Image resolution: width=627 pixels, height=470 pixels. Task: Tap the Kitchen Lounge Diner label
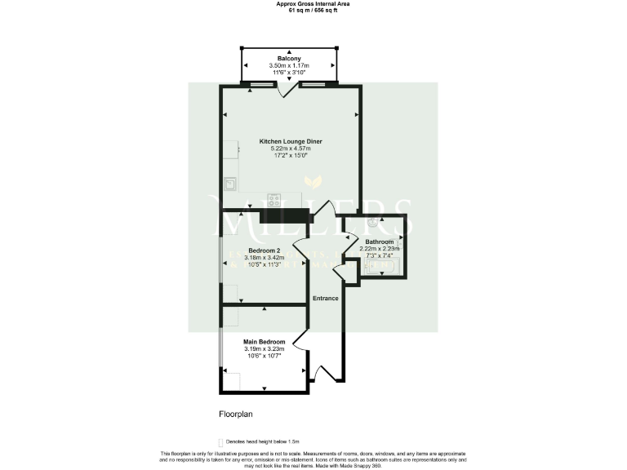tap(291, 141)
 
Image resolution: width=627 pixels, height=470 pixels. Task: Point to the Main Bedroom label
tap(265, 341)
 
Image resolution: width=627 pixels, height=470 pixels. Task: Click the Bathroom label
tap(380, 242)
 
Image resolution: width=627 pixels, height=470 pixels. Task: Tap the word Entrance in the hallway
tap(326, 299)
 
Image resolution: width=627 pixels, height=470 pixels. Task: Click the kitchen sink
tap(230, 184)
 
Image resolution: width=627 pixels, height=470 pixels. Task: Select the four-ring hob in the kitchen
tap(273, 199)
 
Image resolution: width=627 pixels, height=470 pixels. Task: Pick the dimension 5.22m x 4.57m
tap(291, 149)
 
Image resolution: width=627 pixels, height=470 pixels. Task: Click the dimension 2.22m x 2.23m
tap(380, 250)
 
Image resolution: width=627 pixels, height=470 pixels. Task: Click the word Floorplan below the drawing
tap(236, 414)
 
